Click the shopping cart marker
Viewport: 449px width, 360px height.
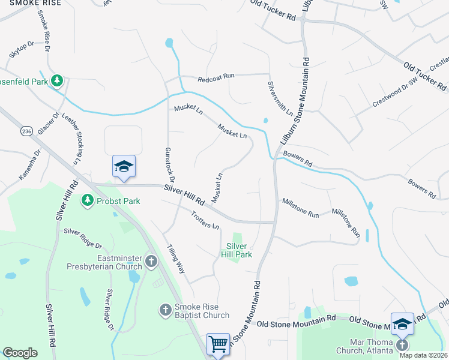(x=218, y=344)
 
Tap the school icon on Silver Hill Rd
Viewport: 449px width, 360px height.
(x=124, y=166)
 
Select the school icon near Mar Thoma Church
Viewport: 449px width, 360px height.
(x=402, y=323)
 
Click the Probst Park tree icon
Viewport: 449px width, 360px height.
(x=88, y=199)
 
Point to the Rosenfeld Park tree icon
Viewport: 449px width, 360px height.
(x=57, y=80)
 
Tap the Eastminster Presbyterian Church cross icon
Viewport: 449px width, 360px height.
(x=151, y=261)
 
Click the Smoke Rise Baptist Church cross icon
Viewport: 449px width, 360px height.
(x=166, y=310)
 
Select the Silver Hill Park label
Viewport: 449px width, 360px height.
(x=239, y=250)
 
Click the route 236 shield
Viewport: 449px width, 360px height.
(x=25, y=131)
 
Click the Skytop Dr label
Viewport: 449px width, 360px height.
(x=22, y=51)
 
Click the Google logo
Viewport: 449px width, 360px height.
(x=20, y=353)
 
